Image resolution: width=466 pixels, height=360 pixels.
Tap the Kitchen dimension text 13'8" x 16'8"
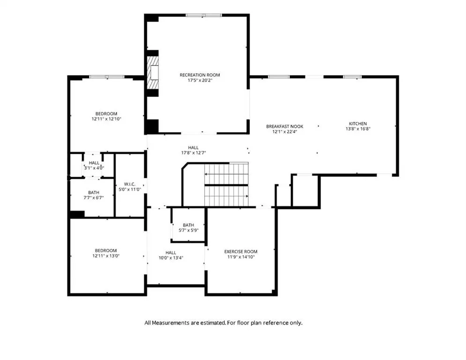point(358,129)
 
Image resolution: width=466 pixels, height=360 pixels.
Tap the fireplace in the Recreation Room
point(153,72)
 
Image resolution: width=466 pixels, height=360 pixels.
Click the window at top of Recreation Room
point(204,15)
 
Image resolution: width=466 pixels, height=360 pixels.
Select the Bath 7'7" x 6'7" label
point(94,195)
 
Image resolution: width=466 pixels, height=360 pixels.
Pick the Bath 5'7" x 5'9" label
point(188,228)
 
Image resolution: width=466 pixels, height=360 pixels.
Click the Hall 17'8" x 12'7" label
point(193,150)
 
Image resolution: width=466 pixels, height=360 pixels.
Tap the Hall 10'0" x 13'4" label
point(171,255)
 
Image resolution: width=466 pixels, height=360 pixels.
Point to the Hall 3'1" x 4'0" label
point(94,165)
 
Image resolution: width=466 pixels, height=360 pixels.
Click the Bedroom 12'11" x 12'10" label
point(106,116)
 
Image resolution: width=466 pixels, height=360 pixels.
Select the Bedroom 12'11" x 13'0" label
point(106,253)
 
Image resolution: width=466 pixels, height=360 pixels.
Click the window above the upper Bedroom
point(107,77)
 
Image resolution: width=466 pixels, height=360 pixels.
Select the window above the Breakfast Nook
point(279,77)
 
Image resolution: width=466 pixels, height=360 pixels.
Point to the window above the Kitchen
point(353,77)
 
